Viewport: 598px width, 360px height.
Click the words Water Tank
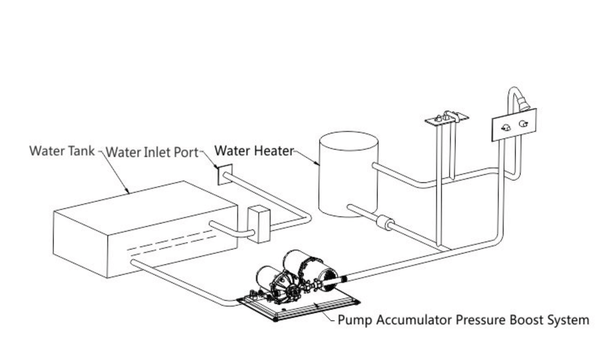pos(62,151)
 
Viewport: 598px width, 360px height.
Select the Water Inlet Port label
pos(152,152)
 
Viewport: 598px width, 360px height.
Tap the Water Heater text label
pos(254,151)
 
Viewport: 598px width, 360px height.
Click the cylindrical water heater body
pos(348,174)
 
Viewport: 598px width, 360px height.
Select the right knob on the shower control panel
pos(523,123)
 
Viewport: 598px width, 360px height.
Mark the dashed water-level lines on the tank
pos(170,242)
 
